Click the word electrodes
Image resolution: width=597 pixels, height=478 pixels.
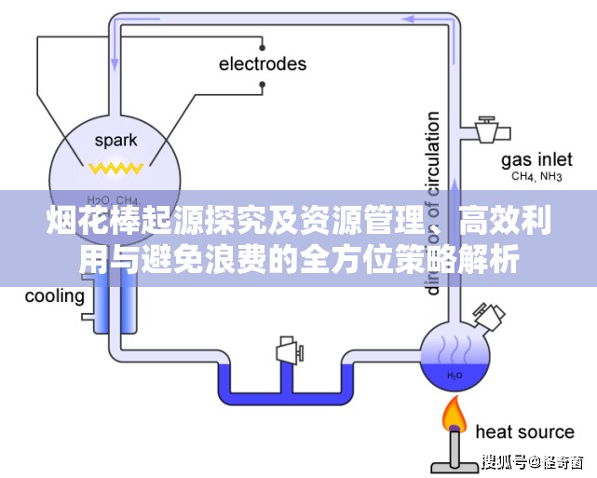point(262,64)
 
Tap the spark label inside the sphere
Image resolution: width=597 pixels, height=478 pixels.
point(115,141)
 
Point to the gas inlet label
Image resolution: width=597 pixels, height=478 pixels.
point(536,158)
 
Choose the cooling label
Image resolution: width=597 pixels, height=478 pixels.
point(54,297)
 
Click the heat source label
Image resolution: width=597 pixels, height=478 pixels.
point(524,431)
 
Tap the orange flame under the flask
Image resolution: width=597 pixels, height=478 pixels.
point(455,412)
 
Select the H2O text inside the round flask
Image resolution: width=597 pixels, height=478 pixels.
point(454,376)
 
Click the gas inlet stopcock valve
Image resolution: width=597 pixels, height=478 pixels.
point(486,130)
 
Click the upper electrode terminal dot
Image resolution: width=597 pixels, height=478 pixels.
point(264,43)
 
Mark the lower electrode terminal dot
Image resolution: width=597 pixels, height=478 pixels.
point(264,86)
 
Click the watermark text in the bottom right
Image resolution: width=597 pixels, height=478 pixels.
point(533,461)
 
